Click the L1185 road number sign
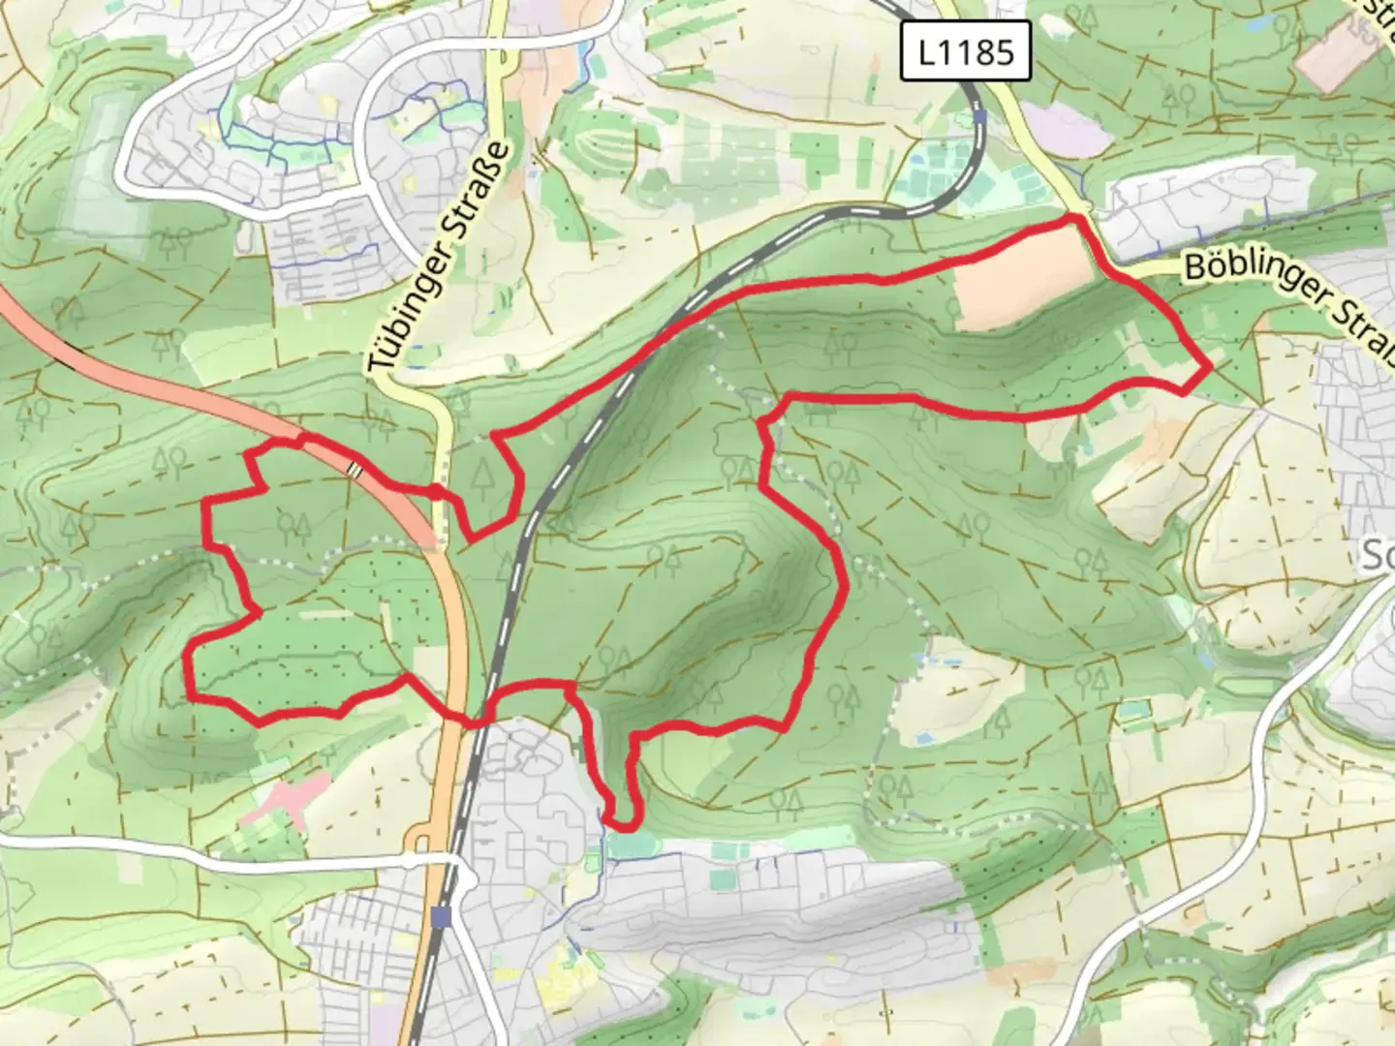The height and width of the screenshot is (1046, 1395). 964,51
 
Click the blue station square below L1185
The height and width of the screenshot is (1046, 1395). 981,117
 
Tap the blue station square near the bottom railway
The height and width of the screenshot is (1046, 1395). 443,915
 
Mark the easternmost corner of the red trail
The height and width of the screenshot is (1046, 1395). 1209,367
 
